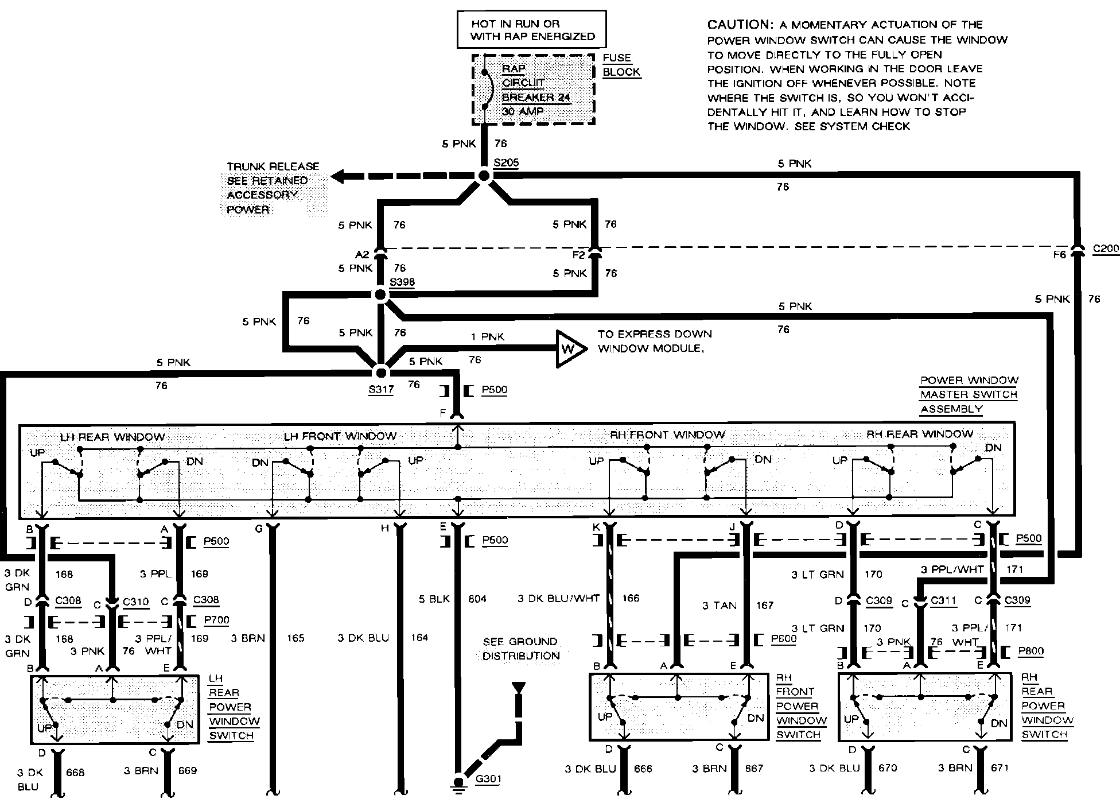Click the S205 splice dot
click(484, 176)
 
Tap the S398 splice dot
click(380, 295)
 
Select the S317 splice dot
click(380, 373)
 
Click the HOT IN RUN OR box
click(531, 29)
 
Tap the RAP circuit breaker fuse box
click(533, 90)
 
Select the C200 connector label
click(1105, 249)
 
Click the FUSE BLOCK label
click(620, 65)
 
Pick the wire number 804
click(477, 599)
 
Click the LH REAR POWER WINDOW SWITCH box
click(115, 709)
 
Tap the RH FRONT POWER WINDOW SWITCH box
click(679, 707)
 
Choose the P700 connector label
click(216, 620)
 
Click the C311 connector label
click(943, 600)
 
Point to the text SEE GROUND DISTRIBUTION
click(520, 649)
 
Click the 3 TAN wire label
click(719, 605)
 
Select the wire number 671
click(1000, 767)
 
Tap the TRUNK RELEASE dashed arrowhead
click(339, 176)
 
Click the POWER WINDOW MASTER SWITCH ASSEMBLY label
click(969, 394)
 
